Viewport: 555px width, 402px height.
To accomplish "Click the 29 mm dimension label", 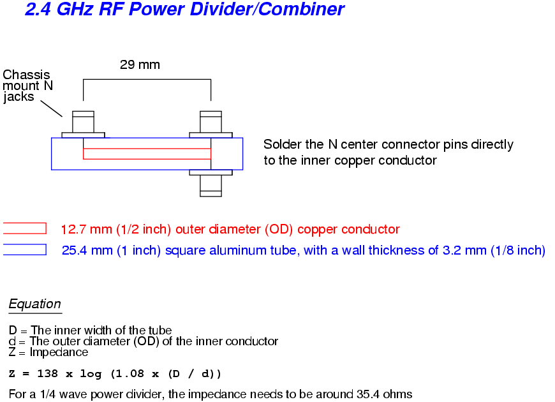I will tap(140, 64).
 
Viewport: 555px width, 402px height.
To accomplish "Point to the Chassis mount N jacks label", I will tap(26, 86).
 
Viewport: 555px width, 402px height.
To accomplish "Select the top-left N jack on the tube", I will tap(83, 123).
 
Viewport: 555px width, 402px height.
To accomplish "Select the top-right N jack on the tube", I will tap(211, 123).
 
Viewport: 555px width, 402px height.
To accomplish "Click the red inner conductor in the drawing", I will tap(147, 154).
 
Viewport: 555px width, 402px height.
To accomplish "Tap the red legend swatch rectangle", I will tap(25, 228).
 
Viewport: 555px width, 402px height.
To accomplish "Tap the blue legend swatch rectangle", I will tap(25, 249).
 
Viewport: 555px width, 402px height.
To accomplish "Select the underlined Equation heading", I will tap(35, 304).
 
